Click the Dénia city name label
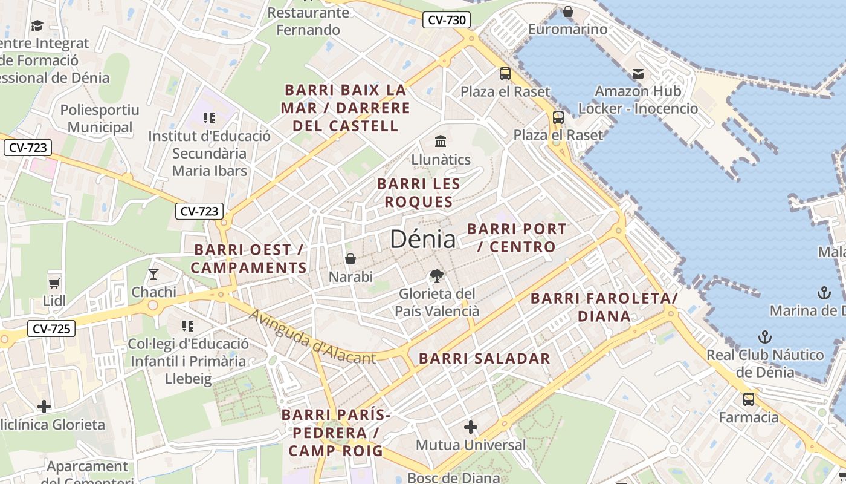[x=422, y=239]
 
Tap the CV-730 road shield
[x=447, y=20]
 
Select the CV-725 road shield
[x=51, y=329]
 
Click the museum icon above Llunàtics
[x=441, y=142]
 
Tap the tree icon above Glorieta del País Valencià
[x=436, y=276]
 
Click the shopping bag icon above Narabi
[x=350, y=259]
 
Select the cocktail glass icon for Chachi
[x=153, y=274]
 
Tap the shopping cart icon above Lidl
[x=54, y=283]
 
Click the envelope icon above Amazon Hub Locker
[x=638, y=74]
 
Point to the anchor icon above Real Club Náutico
[x=765, y=336]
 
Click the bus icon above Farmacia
[x=749, y=399]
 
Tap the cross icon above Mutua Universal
[x=471, y=428]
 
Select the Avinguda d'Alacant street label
[x=312, y=338]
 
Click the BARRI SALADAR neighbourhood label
[x=485, y=358]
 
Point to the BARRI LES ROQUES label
[x=419, y=192]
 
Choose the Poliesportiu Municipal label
[x=100, y=119]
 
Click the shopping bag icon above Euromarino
[x=567, y=11]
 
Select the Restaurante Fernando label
[x=308, y=21]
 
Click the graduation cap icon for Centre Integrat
[x=37, y=25]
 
